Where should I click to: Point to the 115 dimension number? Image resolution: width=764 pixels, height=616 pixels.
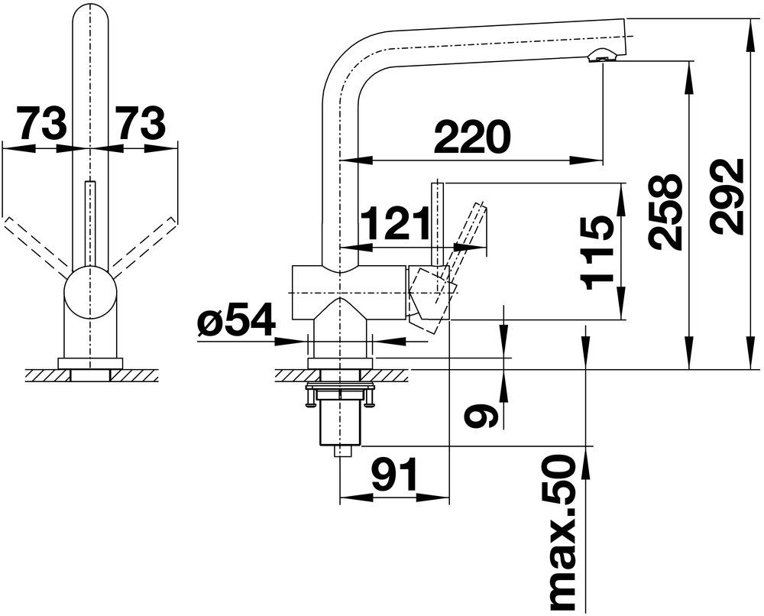coord(598,253)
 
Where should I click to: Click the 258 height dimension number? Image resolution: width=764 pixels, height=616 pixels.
coord(666,212)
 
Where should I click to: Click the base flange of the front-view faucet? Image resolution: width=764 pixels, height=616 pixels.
coord(90,364)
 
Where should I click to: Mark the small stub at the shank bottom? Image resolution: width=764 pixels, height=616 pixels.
coord(342,451)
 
